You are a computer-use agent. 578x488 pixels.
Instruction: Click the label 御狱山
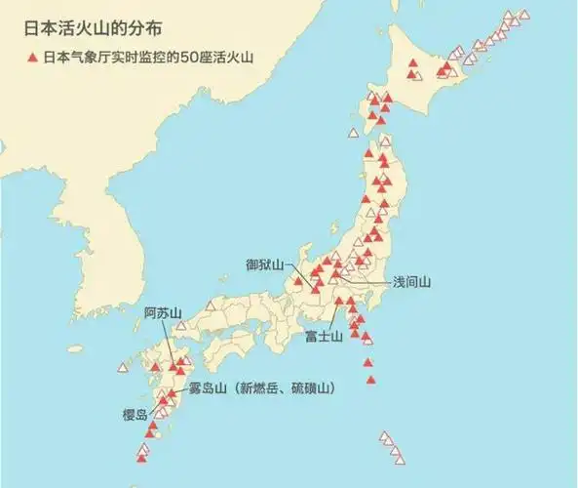(x=264, y=264)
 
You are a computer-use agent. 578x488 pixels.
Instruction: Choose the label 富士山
(x=323, y=337)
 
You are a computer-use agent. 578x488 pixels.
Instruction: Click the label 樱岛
(x=135, y=415)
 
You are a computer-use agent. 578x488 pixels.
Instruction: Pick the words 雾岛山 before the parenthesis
(x=207, y=388)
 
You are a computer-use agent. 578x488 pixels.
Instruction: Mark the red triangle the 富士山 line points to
(x=337, y=303)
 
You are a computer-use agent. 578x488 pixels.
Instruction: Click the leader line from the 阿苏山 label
(x=174, y=342)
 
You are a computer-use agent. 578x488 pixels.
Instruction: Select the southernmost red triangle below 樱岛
(x=141, y=457)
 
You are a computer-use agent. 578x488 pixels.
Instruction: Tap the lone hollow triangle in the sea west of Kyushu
(x=122, y=367)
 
